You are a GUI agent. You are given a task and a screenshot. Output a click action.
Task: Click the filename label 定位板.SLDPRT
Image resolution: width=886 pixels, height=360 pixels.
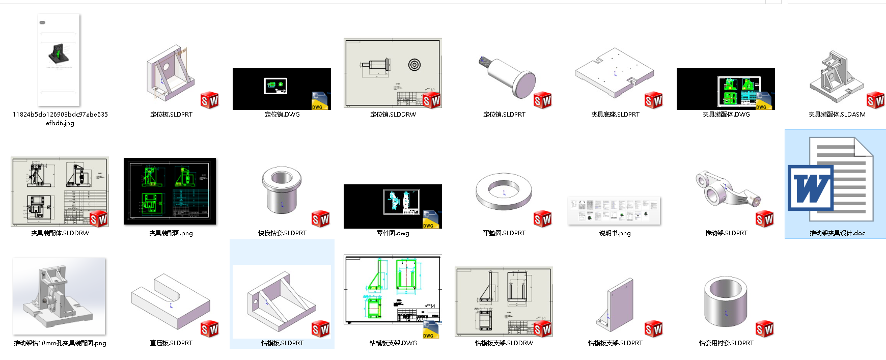coord(171,115)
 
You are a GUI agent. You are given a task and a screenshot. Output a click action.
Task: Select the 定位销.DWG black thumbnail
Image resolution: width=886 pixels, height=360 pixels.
coord(282,89)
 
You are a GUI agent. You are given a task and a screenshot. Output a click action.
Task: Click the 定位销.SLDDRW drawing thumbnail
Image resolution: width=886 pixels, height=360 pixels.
coord(393,73)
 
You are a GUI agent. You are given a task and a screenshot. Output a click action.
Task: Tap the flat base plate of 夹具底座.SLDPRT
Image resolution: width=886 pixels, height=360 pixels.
coord(614,74)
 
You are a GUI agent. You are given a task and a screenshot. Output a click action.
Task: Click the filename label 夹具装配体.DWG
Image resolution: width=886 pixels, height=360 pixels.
coord(726,115)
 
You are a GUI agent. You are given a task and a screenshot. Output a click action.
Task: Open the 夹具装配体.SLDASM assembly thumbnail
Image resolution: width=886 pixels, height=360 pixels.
coord(835,76)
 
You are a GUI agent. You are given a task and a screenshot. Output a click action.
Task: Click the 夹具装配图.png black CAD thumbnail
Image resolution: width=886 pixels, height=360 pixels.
coord(170,191)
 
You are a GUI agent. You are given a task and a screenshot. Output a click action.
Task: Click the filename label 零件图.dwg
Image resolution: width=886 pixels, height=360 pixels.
coord(393,233)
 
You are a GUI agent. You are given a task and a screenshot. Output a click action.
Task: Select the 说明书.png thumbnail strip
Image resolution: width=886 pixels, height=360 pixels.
coord(614,210)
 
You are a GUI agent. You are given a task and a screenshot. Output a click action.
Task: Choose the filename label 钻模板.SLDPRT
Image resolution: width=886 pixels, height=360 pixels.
coord(282,343)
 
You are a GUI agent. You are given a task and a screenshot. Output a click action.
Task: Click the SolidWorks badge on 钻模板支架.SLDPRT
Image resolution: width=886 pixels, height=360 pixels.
coord(653,329)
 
